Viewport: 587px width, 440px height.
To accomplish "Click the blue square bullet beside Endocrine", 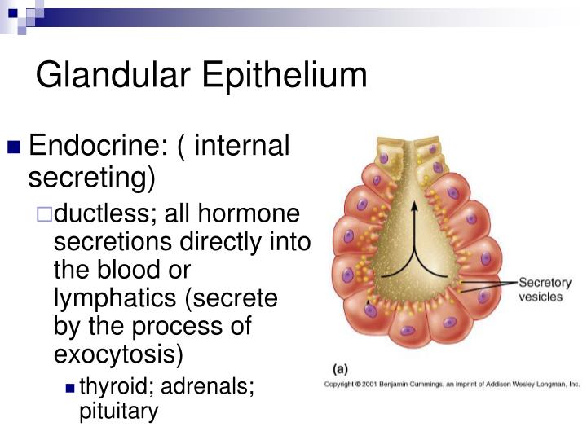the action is click(14, 147).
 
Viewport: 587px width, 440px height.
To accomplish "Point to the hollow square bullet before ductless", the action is click(44, 214).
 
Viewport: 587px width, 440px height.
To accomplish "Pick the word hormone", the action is click(249, 213).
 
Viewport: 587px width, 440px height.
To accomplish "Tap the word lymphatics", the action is click(115, 298).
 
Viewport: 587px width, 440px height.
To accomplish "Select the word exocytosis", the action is click(115, 354).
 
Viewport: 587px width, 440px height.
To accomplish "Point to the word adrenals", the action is click(208, 385).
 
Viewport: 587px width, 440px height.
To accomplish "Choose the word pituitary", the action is click(119, 411).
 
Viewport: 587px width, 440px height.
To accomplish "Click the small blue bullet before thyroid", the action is click(70, 388).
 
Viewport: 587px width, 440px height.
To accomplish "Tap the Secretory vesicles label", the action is click(545, 289).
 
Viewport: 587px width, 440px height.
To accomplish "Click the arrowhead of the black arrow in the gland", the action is click(414, 206).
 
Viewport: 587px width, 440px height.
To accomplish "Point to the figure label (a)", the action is click(340, 370).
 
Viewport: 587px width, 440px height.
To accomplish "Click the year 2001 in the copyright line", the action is click(370, 385).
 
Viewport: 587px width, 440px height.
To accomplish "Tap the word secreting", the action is click(91, 177).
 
